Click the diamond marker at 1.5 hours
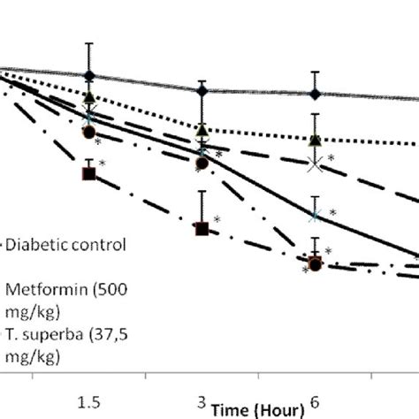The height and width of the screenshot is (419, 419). point(88,76)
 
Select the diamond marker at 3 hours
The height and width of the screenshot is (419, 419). point(202,90)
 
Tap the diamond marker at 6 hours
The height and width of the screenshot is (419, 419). point(315,94)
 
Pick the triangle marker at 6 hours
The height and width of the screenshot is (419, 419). point(315,139)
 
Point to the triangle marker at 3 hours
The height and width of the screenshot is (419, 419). point(202,132)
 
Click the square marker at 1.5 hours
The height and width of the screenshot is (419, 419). point(88,173)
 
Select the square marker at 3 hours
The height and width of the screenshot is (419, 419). point(202,229)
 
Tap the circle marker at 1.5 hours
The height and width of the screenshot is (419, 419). point(88,132)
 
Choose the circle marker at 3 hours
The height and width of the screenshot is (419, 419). point(202,162)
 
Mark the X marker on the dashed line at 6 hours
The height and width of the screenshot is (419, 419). point(315,164)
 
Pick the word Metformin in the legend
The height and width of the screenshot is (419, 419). point(42,288)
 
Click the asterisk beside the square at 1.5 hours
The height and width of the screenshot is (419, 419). point(103,164)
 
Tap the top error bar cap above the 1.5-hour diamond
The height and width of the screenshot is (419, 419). point(88,42)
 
